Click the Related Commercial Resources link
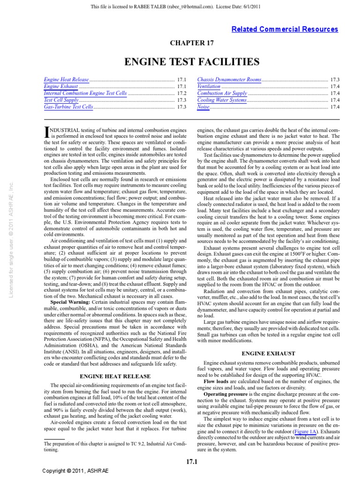pyautogui.click(x=285, y=29)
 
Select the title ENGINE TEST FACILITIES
pyautogui.click(x=192, y=62)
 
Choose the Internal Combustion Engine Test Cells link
pyautogui.click(x=85, y=93)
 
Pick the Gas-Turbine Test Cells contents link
pyautogui.click(x=68, y=107)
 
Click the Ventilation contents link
pyautogui.click(x=209, y=87)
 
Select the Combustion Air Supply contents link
pyautogui.click(x=222, y=93)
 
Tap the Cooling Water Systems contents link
pyautogui.click(x=222, y=100)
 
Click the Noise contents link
pyautogui.click(x=203, y=107)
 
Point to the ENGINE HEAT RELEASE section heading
pyautogui.click(x=115, y=376)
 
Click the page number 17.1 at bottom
pyautogui.click(x=192, y=464)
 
